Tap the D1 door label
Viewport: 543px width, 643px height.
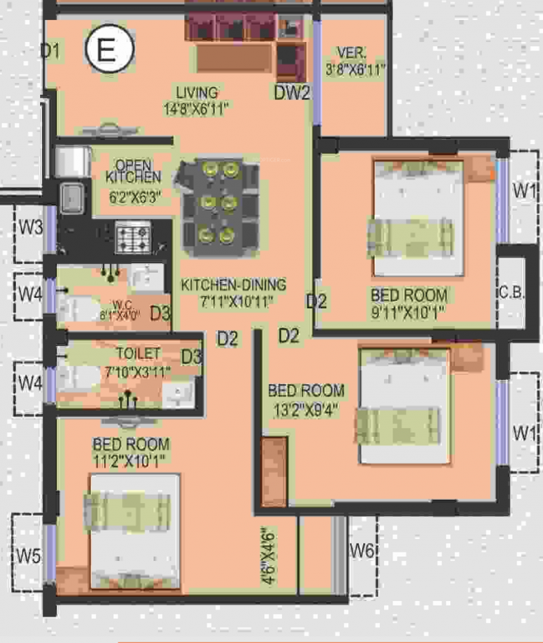tap(51, 52)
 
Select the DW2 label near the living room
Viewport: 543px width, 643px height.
tap(292, 93)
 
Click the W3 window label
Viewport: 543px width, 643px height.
tap(31, 227)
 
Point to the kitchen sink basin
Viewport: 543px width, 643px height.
tap(69, 198)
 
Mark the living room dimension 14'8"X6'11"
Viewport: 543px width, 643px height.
tap(197, 108)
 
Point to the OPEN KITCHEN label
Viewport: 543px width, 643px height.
tap(133, 171)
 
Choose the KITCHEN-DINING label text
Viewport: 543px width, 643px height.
tap(233, 285)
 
